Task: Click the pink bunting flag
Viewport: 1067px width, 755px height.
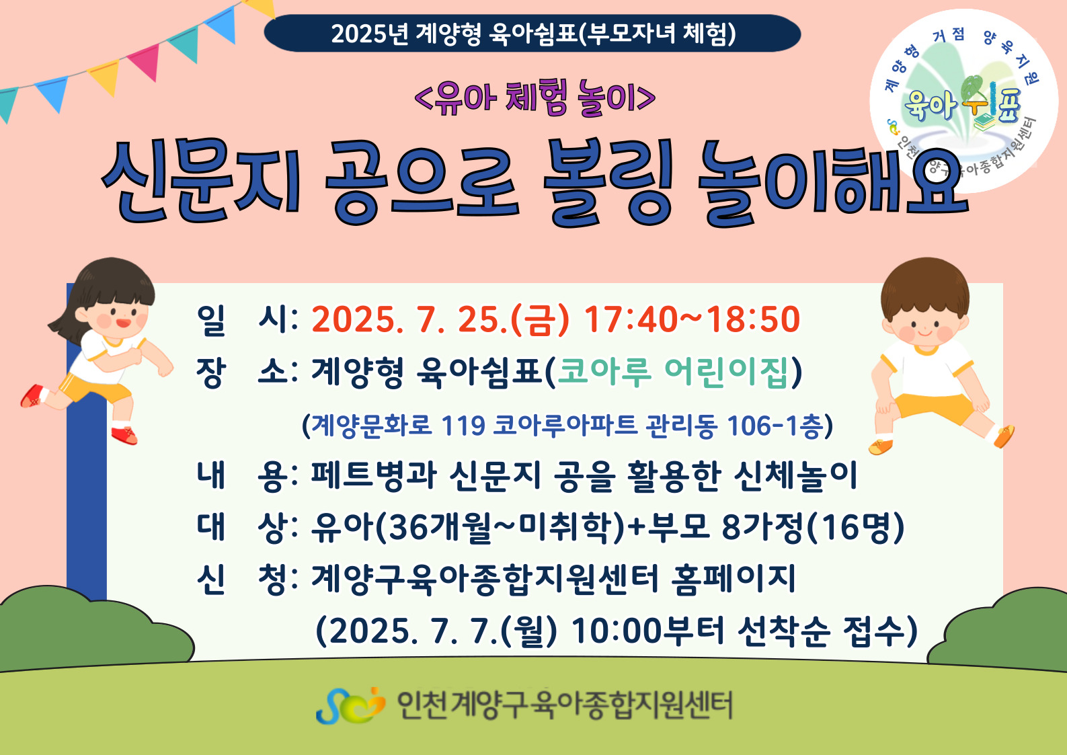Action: coord(145,61)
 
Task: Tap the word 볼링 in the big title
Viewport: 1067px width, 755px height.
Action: coord(608,182)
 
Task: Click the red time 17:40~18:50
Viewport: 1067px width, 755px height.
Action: coord(692,319)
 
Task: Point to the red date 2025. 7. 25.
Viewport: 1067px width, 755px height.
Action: coord(409,319)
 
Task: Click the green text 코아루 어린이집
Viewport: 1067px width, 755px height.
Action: coord(672,372)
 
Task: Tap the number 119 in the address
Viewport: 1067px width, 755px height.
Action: coord(463,426)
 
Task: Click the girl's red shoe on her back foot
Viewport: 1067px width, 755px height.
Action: coord(32,396)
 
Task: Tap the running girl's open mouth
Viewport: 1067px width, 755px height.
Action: coord(123,323)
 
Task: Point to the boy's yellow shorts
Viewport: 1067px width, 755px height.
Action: coord(934,407)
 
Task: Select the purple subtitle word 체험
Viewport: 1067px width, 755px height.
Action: coord(537,98)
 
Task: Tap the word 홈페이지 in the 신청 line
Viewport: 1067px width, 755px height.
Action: coord(734,580)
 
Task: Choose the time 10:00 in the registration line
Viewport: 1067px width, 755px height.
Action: coord(617,631)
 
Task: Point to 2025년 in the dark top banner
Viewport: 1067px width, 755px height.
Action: coord(370,34)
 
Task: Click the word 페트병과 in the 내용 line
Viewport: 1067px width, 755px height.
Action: coord(374,475)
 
